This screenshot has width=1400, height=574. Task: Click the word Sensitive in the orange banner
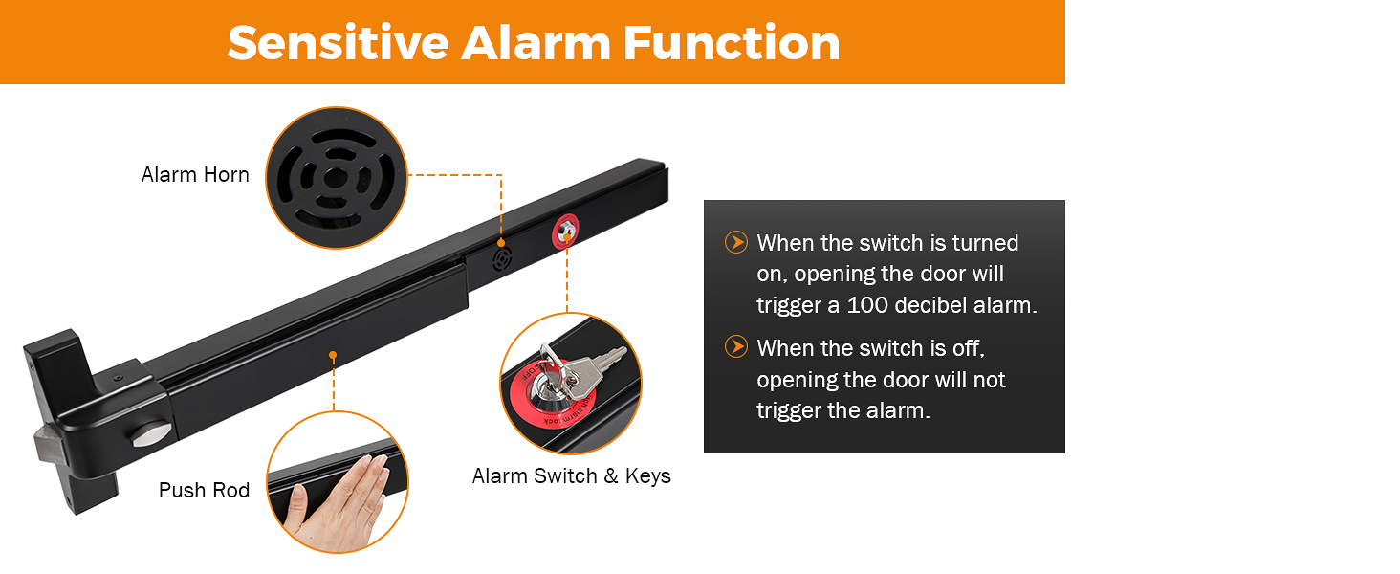[338, 43]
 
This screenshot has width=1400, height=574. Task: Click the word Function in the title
[733, 43]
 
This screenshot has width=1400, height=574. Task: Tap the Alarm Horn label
[195, 175]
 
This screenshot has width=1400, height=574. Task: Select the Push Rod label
[204, 491]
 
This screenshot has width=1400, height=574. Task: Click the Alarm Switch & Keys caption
[571, 476]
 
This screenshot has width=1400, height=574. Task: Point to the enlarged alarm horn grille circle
[336, 178]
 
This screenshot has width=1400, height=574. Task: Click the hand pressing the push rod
[337, 498]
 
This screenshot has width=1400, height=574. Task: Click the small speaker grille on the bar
[501, 258]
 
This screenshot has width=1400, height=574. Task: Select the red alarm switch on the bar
[566, 230]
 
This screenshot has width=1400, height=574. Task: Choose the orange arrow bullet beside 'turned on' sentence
[735, 242]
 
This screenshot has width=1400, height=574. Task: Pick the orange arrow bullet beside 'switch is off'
[735, 346]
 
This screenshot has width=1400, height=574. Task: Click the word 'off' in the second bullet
[967, 347]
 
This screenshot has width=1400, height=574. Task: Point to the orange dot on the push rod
[333, 355]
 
